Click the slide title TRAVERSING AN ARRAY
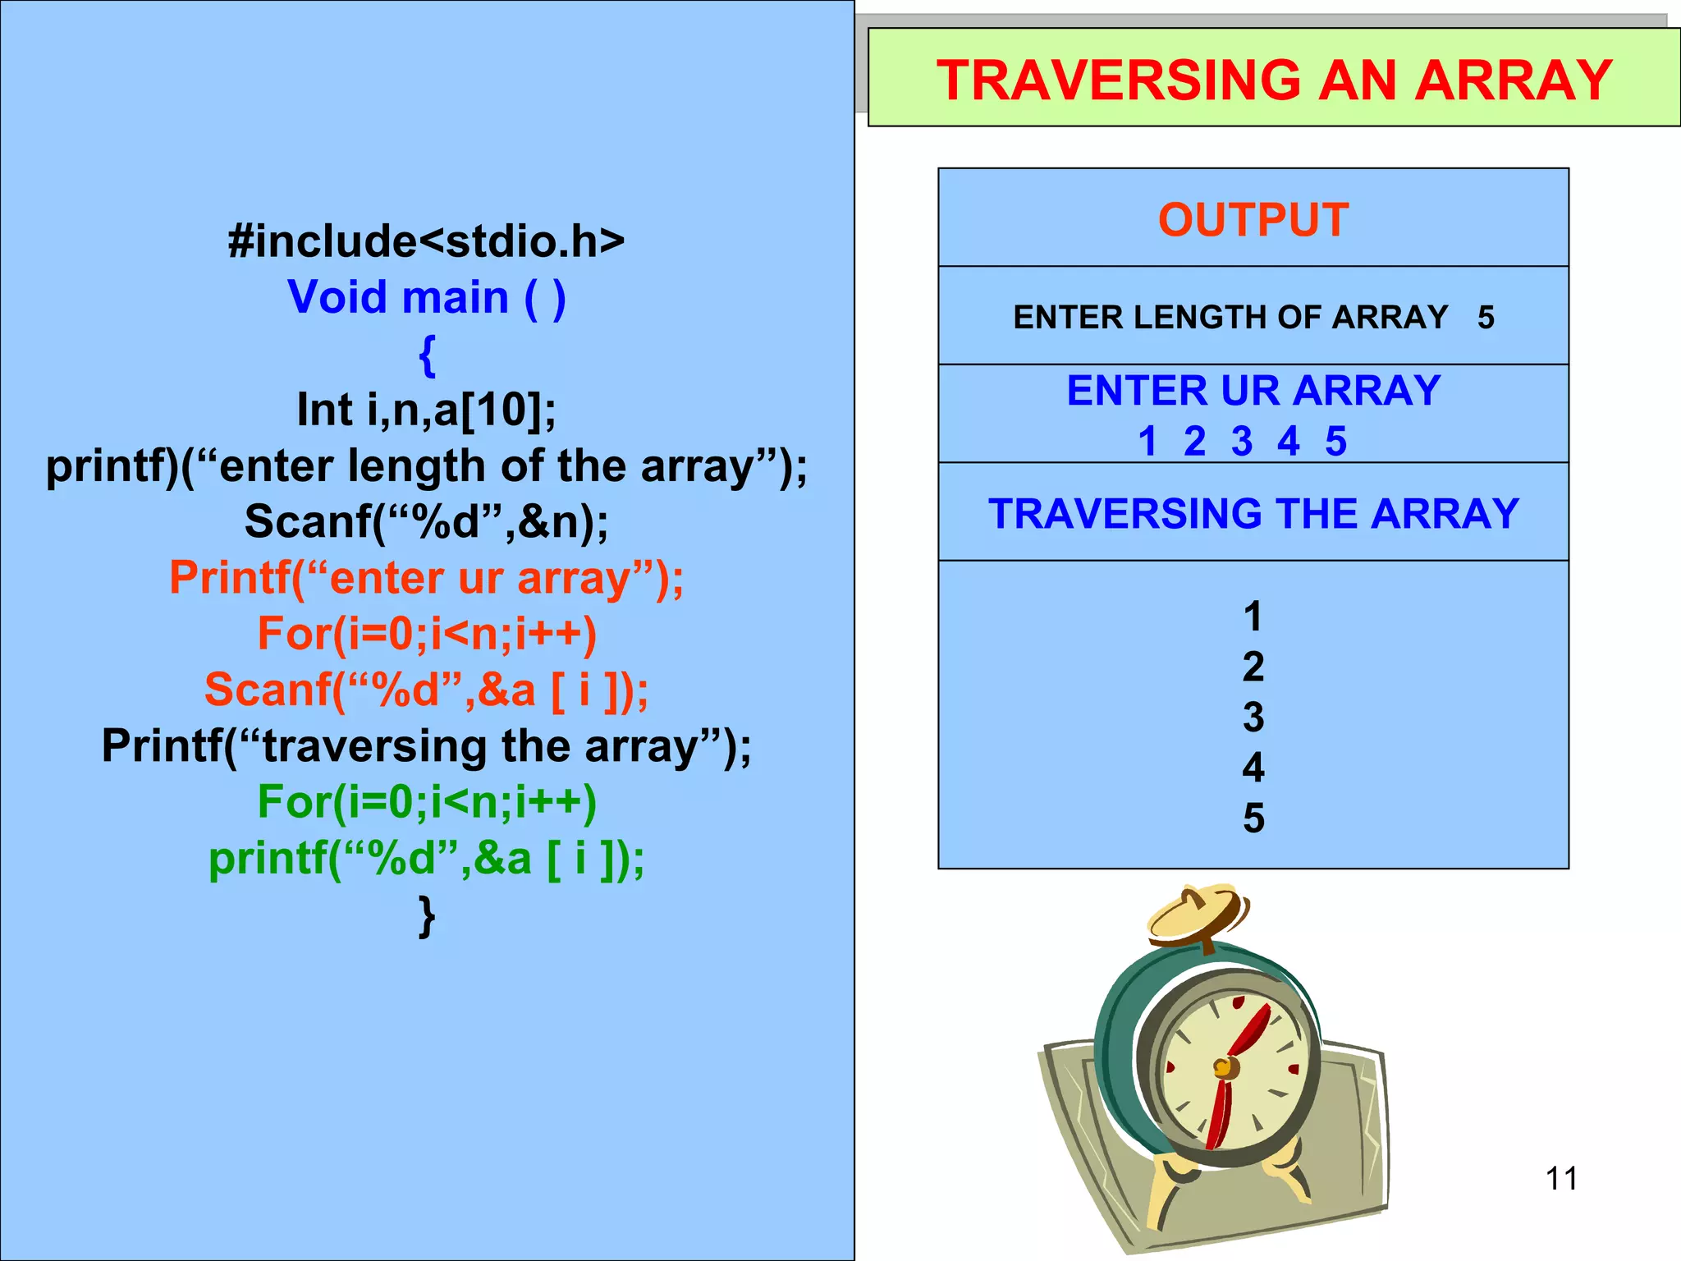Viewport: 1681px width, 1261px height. (1274, 80)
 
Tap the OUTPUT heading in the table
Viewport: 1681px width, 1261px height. (1253, 220)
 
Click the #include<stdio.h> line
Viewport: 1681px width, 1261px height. (426, 241)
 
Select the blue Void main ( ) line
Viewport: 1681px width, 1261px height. (426, 296)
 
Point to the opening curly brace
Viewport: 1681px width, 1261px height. (426, 354)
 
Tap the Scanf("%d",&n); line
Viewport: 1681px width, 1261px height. (426, 521)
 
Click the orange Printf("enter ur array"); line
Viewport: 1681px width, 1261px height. (426, 577)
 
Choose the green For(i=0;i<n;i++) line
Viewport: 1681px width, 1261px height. (426, 801)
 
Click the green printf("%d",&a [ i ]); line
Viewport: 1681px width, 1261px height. (426, 858)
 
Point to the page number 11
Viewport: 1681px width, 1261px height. (1560, 1179)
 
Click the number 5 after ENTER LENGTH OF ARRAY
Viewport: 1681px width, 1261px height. (1486, 318)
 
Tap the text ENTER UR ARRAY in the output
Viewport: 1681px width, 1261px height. (1253, 390)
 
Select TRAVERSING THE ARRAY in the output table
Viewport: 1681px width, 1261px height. (1253, 514)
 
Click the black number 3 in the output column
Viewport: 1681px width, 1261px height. (1253, 717)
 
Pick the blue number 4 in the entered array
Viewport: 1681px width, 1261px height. (1288, 442)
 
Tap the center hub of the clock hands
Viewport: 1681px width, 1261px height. (1222, 1068)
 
